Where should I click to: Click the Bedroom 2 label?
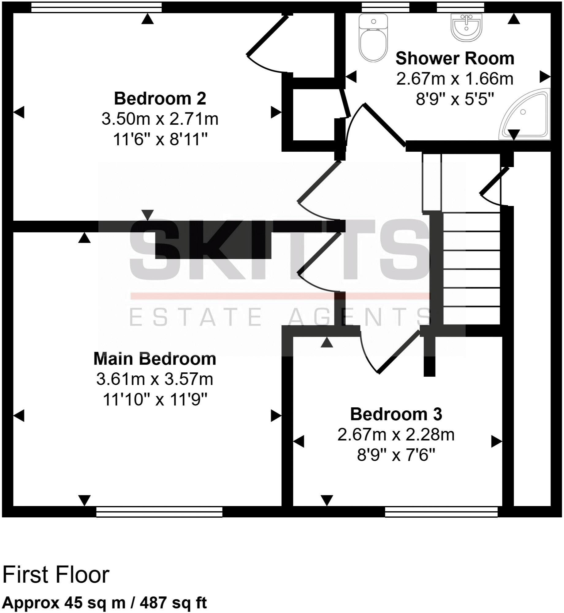pyautogui.click(x=160, y=98)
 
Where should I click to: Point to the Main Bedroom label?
pyautogui.click(x=155, y=359)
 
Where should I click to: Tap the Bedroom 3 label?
pyautogui.click(x=396, y=414)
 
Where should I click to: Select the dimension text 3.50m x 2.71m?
pyautogui.click(x=160, y=119)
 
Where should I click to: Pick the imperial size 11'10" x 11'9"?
pyautogui.click(x=155, y=400)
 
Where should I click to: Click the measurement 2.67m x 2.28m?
pyautogui.click(x=396, y=435)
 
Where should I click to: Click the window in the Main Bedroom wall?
pyautogui.click(x=159, y=512)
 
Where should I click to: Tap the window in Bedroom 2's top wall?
pyautogui.click(x=96, y=8)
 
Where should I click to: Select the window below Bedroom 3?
pyautogui.click(x=441, y=512)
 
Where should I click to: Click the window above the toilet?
pyautogui.click(x=385, y=7)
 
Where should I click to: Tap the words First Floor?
pyautogui.click(x=56, y=575)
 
